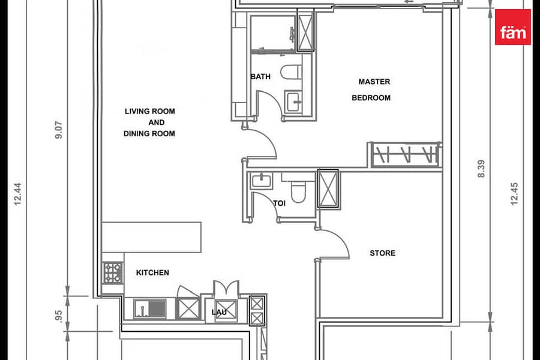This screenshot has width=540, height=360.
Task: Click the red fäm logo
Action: pos(513,27)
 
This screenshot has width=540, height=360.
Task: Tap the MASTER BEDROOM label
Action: pos(371,89)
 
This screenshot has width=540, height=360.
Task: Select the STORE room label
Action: pos(382,253)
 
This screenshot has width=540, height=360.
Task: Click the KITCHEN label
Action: pos(152,272)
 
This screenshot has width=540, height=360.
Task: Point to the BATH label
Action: pos(261,76)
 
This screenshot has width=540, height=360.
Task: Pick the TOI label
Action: pos(279,203)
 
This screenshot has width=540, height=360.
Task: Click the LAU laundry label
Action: pos(219,312)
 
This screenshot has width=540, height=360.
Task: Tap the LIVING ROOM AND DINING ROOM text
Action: pos(149,122)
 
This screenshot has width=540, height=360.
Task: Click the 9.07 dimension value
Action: pos(59,130)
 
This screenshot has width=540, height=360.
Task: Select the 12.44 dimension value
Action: pos(18,194)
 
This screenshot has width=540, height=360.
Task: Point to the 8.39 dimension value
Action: pos(481,169)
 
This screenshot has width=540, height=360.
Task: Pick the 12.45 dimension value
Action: pos(514,194)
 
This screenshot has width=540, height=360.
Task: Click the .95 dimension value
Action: pos(59,317)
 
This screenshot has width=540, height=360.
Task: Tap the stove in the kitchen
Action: pos(113,273)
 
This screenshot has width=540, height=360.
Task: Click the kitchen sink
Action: pos(149,308)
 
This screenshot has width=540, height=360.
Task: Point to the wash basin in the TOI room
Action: pos(262,181)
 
